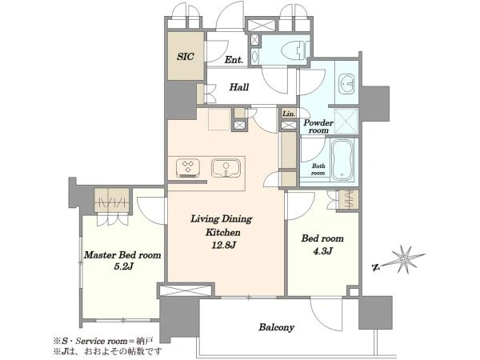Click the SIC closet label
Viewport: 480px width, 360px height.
coord(186,57)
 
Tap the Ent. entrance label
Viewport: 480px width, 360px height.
coord(234,60)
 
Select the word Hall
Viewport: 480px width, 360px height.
coord(239,87)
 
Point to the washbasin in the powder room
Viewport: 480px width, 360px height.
coord(346,83)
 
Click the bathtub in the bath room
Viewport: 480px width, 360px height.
coord(342,161)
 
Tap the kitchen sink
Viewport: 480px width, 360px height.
coord(226,168)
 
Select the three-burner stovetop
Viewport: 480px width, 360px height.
coord(188,168)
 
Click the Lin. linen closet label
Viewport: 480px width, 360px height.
coord(289,114)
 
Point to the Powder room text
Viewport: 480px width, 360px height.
coord(318,126)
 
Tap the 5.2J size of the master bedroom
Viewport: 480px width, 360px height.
coord(123,266)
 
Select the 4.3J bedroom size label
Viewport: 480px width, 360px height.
coord(322,251)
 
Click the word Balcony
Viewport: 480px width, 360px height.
coord(277,327)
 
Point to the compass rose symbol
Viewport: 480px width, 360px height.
coord(405,259)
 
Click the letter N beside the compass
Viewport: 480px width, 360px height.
coord(375,267)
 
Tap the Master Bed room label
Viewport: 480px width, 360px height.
coord(122,255)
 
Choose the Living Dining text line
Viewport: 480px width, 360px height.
coord(222,219)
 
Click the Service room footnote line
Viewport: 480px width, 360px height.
coord(103,341)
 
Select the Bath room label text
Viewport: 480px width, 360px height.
coord(318,170)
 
